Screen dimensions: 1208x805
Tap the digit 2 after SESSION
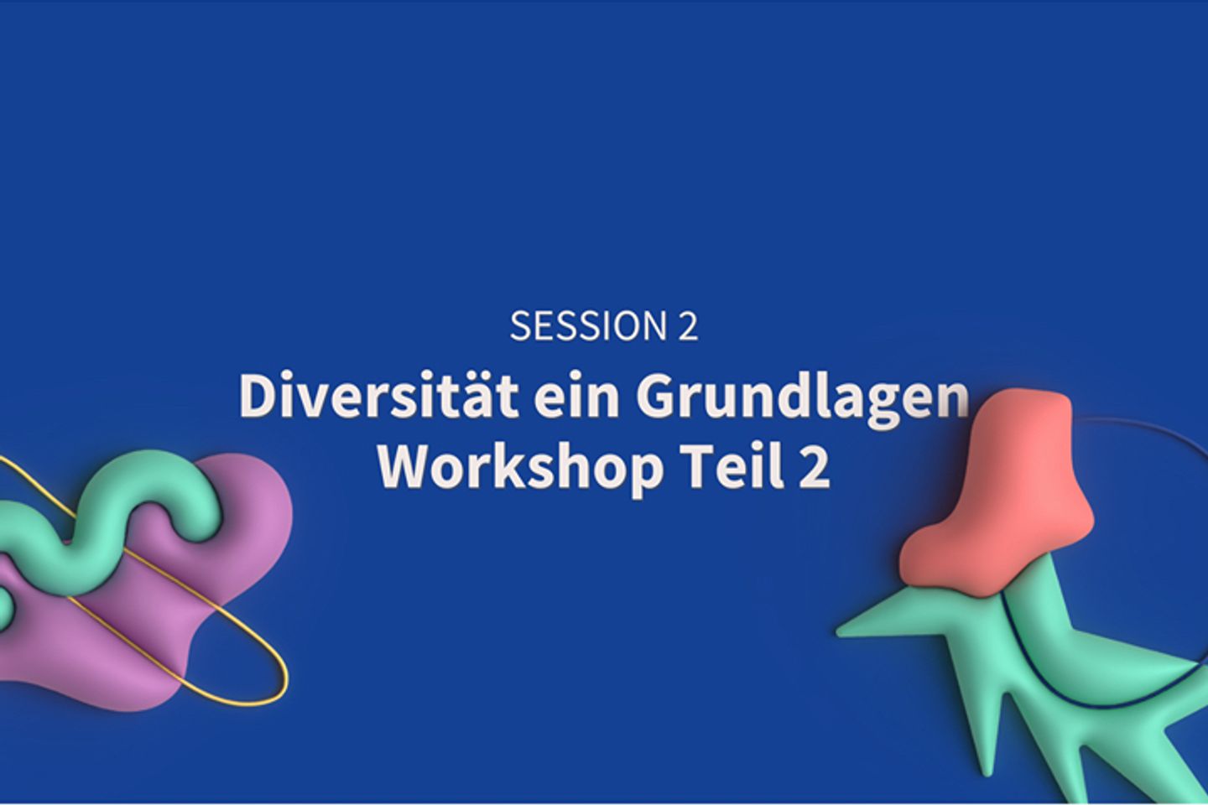pyautogui.click(x=688, y=325)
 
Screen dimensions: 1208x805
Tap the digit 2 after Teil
pyautogui.click(x=815, y=466)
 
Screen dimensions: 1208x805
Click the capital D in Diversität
pyautogui.click(x=258, y=394)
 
